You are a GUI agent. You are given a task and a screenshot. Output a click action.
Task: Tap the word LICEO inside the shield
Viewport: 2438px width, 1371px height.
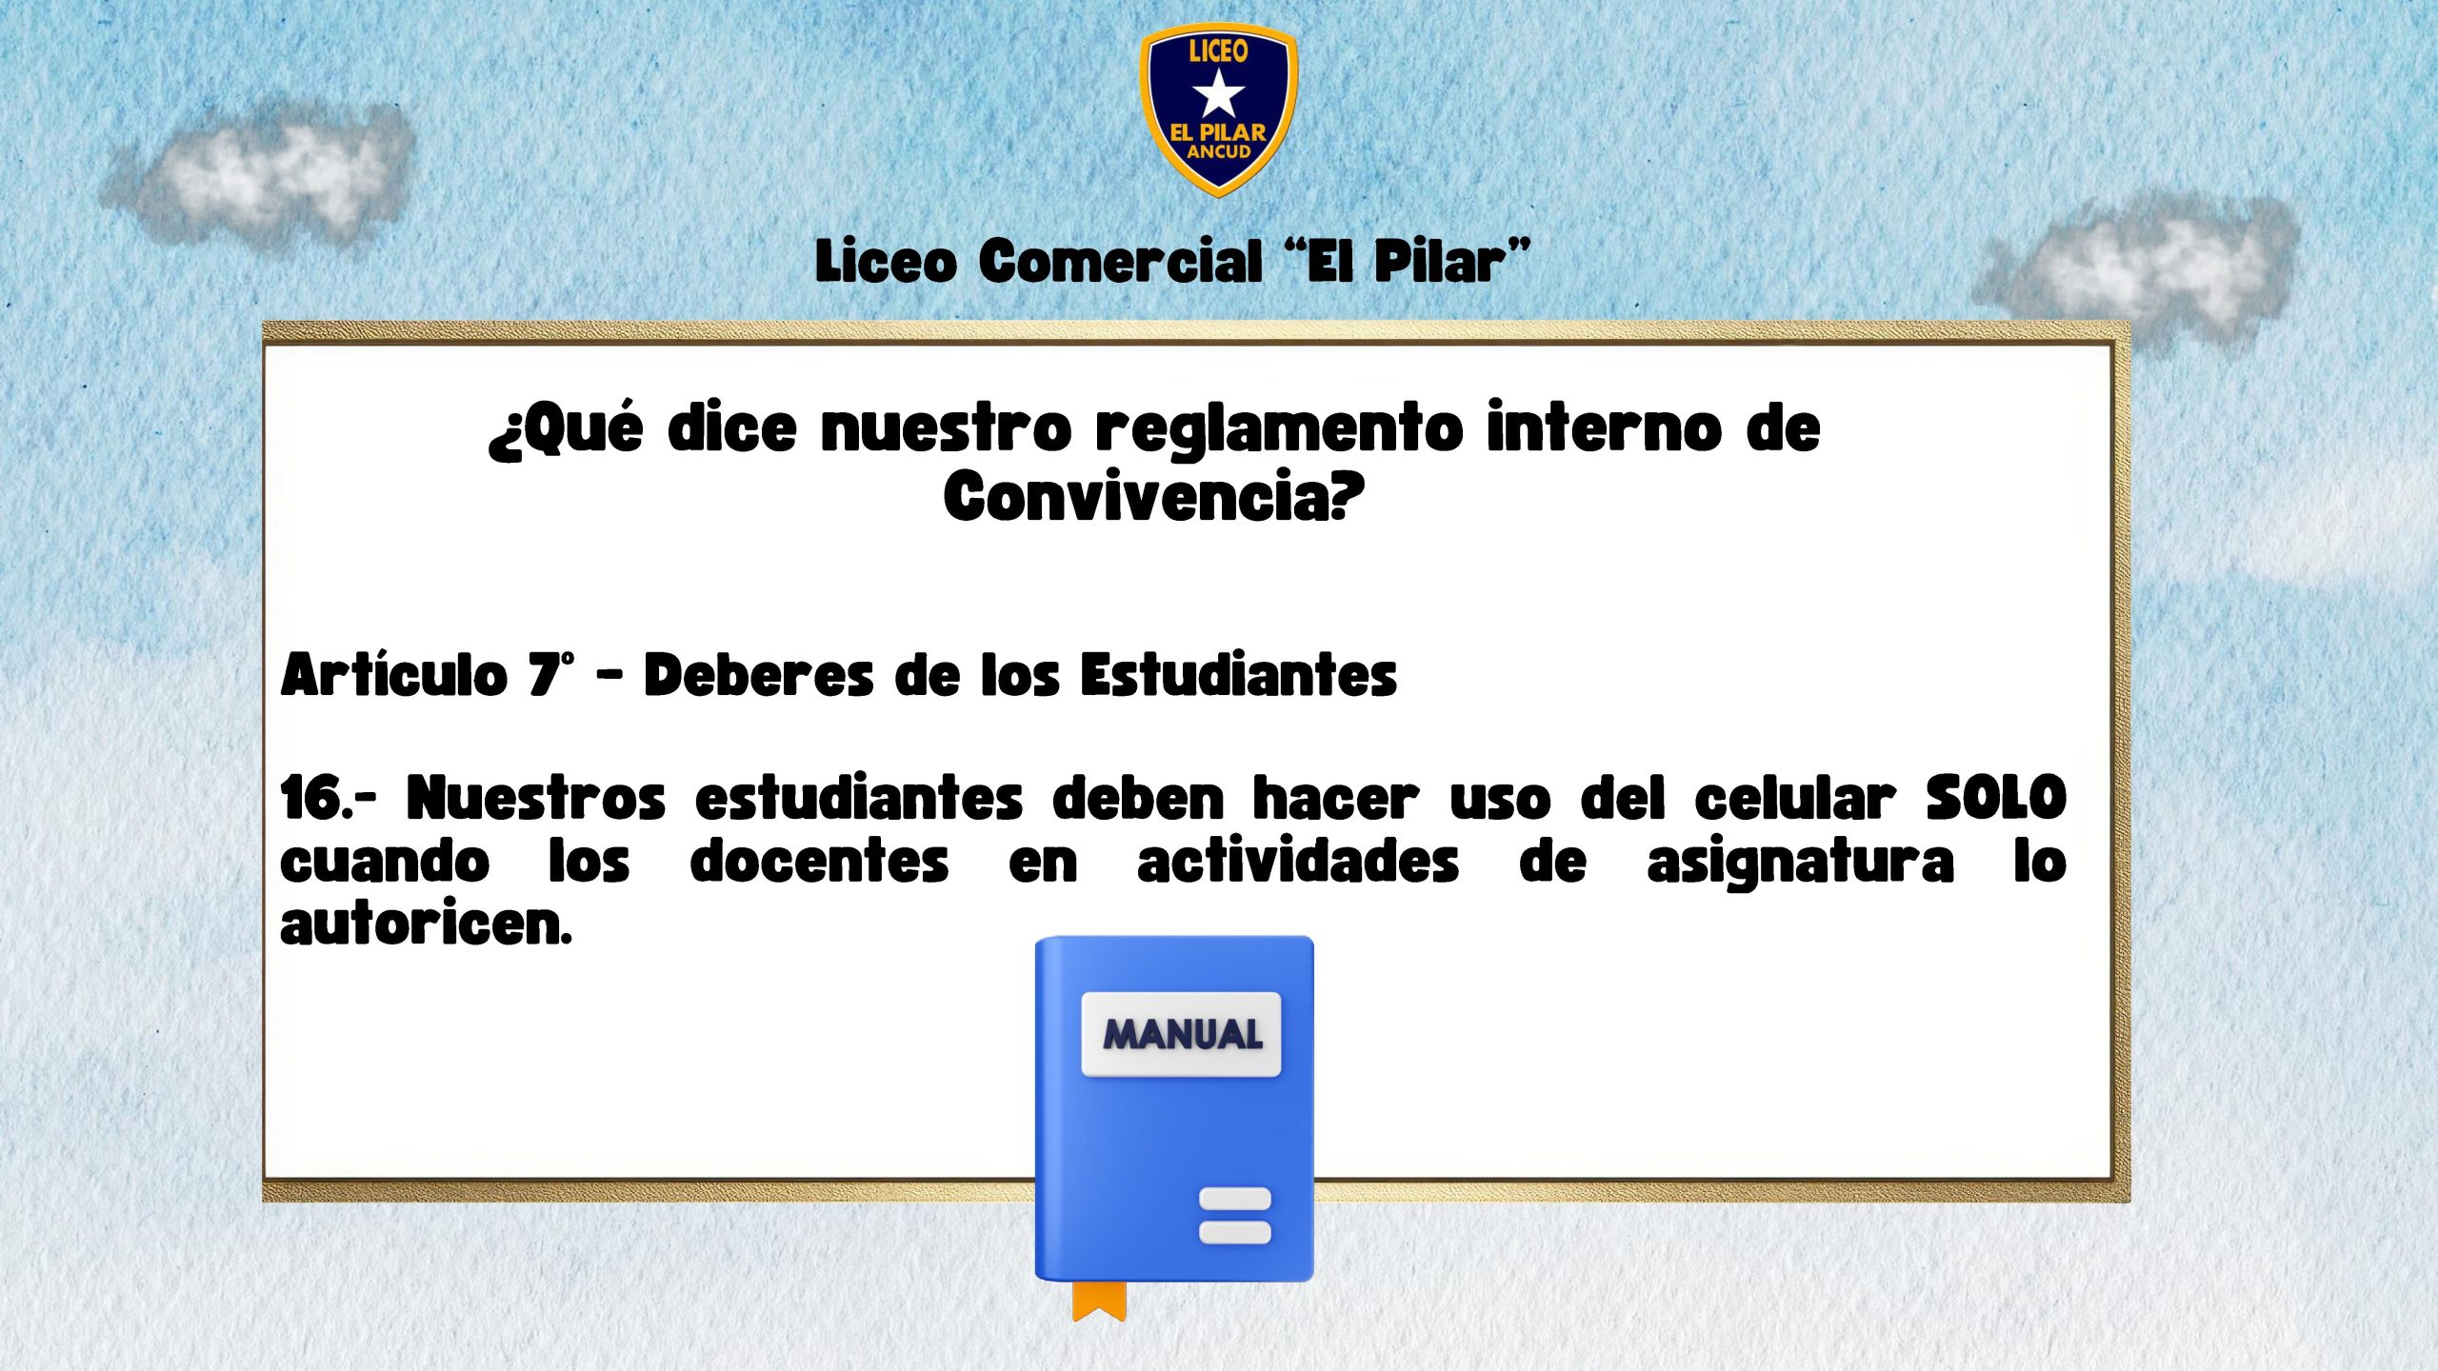1218,50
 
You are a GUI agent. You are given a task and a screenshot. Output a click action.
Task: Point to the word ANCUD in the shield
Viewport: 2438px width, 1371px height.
1218,151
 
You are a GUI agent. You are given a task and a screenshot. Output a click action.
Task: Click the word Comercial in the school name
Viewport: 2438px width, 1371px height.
1120,261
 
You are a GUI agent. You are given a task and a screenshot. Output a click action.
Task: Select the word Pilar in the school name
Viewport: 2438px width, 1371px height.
1439,261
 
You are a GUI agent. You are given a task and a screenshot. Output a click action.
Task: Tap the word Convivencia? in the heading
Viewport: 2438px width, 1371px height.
1154,495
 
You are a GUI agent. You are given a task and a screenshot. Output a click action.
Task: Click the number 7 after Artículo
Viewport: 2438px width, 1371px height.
546,674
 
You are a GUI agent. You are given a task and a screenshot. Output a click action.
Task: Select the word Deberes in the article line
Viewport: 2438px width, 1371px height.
758,674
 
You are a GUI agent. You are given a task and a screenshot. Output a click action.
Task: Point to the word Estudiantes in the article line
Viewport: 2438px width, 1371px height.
1238,674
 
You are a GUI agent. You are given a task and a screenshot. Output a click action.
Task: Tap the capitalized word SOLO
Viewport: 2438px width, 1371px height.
1996,797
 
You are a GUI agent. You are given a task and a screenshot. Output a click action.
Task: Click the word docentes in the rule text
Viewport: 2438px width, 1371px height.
819,862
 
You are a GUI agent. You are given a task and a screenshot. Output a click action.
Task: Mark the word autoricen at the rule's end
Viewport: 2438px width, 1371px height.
425,924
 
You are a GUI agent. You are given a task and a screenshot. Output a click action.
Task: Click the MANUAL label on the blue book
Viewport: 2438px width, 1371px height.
1182,1034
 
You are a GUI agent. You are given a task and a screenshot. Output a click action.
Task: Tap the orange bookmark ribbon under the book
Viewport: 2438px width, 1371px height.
1099,1301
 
